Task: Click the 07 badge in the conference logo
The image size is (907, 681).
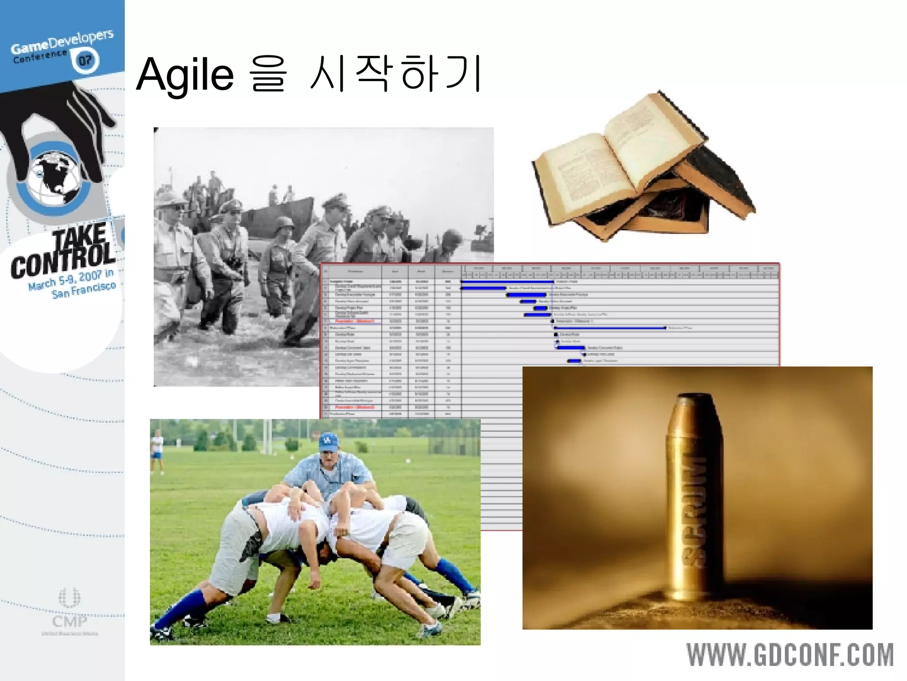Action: [x=85, y=60]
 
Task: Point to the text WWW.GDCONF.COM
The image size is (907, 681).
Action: [x=790, y=655]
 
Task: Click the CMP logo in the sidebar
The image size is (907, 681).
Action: [x=70, y=612]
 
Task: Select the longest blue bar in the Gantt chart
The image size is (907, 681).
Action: [x=610, y=328]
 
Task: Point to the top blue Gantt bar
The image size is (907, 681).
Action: [x=507, y=282]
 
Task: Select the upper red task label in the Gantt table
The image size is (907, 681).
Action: [x=354, y=321]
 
